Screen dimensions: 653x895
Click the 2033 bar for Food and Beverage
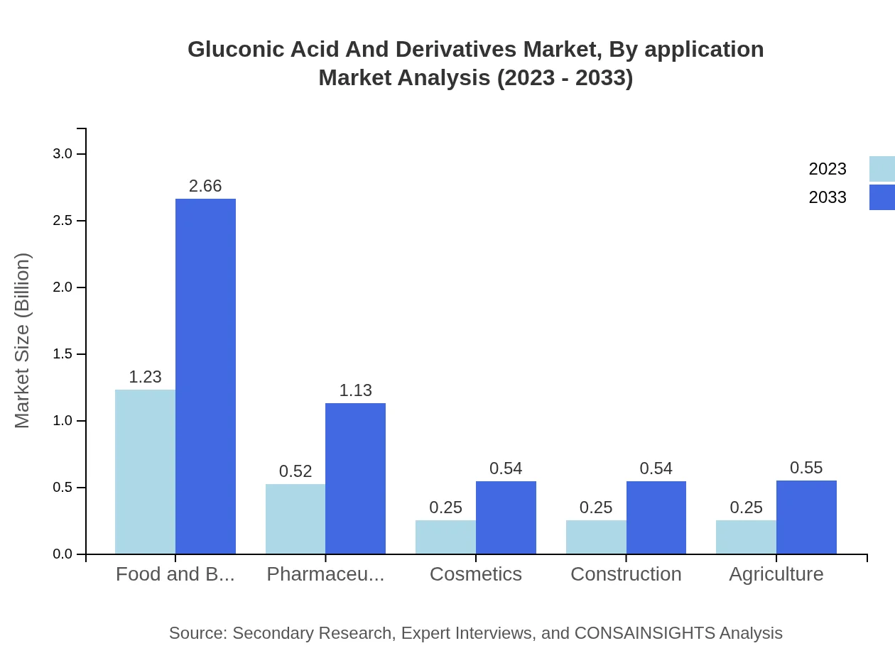(205, 376)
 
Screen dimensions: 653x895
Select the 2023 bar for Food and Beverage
(145, 471)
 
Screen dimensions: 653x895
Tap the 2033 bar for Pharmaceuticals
(355, 478)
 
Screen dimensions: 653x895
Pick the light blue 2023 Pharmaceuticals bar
(295, 519)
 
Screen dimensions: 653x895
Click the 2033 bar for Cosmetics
(506, 517)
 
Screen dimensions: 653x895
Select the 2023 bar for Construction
(596, 537)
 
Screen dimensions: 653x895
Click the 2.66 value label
(205, 186)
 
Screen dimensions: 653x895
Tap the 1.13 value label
(355, 390)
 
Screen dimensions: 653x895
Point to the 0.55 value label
(806, 468)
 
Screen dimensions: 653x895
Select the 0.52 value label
(295, 471)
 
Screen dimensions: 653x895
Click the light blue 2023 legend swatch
(882, 169)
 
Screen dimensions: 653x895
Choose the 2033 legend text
(828, 197)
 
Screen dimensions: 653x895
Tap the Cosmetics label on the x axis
(476, 574)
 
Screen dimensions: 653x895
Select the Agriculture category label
(776, 574)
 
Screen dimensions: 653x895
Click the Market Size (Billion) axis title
(23, 341)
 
